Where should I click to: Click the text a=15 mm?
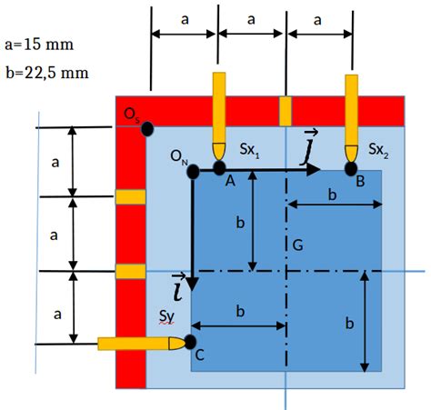(x=39, y=45)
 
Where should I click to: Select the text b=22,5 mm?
(x=47, y=73)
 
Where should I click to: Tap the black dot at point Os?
(x=147, y=129)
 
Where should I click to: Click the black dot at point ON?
(x=193, y=172)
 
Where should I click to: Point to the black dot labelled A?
(x=219, y=168)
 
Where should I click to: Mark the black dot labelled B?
(x=351, y=169)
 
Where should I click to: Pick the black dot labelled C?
(x=190, y=342)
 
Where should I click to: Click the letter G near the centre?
(x=297, y=245)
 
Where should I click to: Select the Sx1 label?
(x=249, y=150)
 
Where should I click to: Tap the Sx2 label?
(x=378, y=150)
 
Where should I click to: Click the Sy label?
(x=166, y=317)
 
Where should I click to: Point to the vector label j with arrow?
(x=308, y=147)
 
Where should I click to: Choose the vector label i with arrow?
(x=178, y=287)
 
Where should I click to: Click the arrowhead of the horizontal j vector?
(x=314, y=170)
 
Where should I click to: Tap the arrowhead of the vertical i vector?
(x=193, y=285)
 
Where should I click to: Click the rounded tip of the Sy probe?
(x=177, y=344)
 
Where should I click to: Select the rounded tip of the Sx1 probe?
(x=219, y=152)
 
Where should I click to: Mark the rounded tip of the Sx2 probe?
(x=351, y=154)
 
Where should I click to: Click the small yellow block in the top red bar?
(x=286, y=111)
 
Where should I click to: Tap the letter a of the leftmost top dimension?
(x=185, y=20)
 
